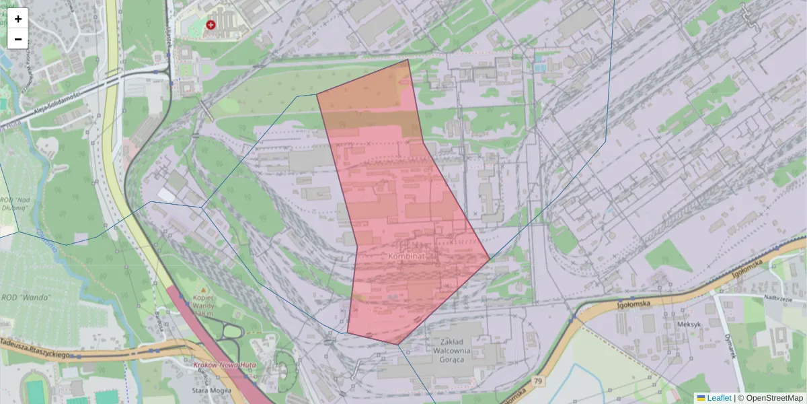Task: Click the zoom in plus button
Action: (18, 19)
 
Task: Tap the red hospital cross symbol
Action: (211, 25)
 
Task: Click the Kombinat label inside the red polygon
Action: (410, 257)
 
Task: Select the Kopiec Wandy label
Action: (202, 302)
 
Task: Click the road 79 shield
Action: (539, 382)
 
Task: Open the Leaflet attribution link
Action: (718, 398)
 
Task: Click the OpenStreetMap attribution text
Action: (773, 398)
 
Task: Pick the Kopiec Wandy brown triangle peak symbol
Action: (203, 290)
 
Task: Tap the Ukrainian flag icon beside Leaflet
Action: (701, 398)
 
